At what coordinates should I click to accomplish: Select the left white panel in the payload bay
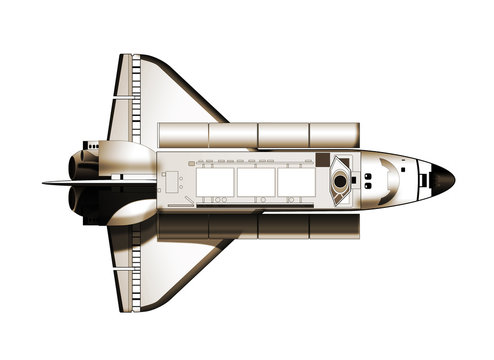point(215,181)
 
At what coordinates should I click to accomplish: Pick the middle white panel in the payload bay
point(255,181)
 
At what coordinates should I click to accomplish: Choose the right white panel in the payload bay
point(294,181)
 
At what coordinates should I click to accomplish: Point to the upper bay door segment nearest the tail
point(183,135)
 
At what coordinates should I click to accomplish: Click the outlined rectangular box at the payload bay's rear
point(171,181)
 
